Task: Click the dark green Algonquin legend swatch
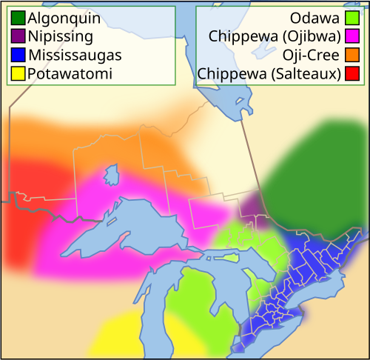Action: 18,17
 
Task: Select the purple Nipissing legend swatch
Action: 18,36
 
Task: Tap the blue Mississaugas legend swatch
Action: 18,54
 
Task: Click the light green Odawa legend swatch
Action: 352,17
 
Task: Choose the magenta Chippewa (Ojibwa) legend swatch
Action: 352,36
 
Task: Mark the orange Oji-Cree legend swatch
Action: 352,54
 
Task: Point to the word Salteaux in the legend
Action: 310,73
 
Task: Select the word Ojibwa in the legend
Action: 312,36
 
